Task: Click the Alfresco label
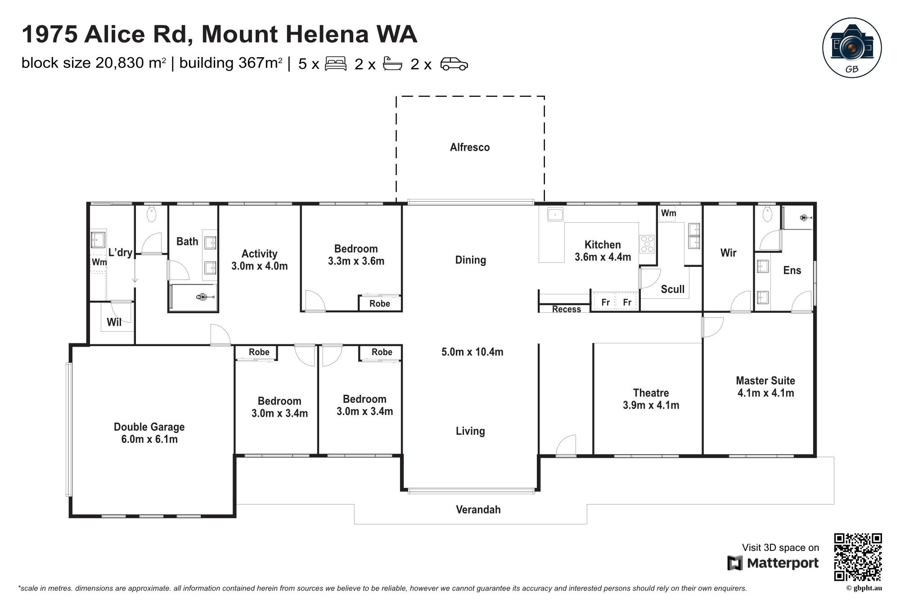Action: tap(470, 147)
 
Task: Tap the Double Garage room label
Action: tap(149, 427)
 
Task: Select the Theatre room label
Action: tap(651, 393)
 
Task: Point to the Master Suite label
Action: tap(765, 381)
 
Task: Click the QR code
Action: tap(858, 557)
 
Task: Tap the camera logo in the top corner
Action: tap(852, 47)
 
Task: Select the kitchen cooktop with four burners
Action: tap(647, 244)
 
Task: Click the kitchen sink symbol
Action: tap(555, 214)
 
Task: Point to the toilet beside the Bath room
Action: tap(152, 215)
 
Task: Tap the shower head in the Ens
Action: tap(804, 218)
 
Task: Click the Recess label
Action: tap(566, 309)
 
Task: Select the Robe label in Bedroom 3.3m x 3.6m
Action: tap(379, 303)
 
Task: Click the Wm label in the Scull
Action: tap(668, 213)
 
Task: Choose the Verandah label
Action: tap(478, 510)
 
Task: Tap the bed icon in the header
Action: tap(335, 63)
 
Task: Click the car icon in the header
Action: tap(454, 64)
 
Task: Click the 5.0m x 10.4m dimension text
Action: tap(472, 352)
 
